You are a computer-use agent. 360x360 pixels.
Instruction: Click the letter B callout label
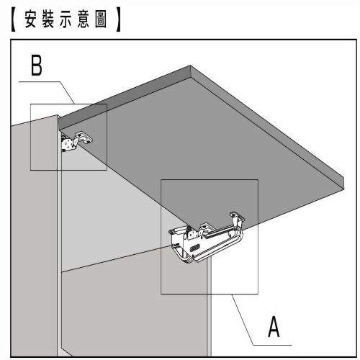tap(37, 65)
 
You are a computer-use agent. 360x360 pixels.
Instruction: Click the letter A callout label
tap(274, 326)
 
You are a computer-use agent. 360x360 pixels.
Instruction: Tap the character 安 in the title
tap(30, 19)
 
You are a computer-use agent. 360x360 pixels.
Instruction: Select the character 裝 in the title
tap(48, 19)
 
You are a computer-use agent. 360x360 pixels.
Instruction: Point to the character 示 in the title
tap(66, 19)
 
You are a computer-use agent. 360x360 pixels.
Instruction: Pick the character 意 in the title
tap(83, 19)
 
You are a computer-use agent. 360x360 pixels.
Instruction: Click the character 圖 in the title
tap(101, 19)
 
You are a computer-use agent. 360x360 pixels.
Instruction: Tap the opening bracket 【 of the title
tap(14, 19)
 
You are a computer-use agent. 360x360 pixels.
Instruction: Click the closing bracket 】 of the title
tap(118, 19)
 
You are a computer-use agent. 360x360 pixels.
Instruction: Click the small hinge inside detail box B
tap(75, 142)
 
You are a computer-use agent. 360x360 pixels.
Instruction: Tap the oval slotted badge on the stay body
tap(194, 248)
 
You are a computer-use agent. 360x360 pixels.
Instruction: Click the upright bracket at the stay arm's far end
tap(237, 219)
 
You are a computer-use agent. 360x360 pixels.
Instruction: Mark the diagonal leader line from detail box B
tap(66, 93)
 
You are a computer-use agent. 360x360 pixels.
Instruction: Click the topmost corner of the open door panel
tap(190, 66)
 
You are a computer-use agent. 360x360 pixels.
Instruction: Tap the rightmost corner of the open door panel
tap(344, 179)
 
